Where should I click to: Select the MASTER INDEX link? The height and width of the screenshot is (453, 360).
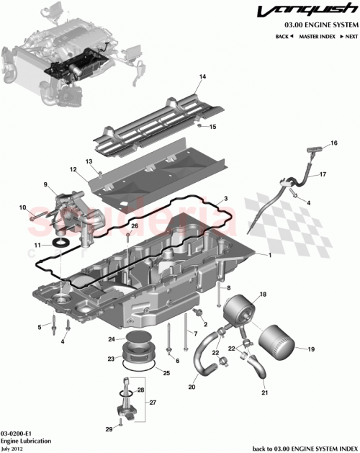318,35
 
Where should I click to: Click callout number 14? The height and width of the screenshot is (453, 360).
202,76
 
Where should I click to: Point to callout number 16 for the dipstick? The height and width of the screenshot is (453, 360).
333,144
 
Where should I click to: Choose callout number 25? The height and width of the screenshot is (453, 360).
167,373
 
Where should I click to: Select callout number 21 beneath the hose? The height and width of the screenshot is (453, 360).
264,393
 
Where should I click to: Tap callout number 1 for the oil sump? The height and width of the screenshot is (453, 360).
269,256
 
